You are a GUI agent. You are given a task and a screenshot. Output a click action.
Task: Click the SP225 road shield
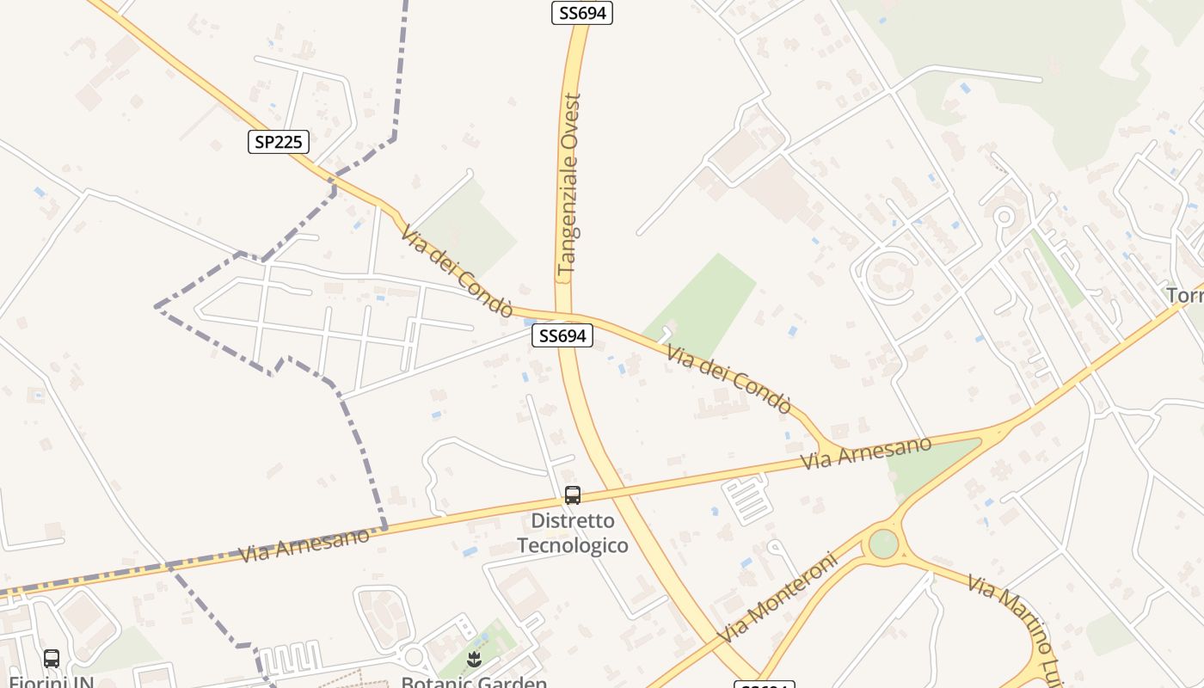pos(279,142)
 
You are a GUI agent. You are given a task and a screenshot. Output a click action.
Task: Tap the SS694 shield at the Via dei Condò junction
pos(562,335)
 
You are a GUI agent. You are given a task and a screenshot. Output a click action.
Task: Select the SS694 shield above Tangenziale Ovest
pos(582,13)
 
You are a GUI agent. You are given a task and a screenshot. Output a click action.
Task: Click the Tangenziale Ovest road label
pos(569,185)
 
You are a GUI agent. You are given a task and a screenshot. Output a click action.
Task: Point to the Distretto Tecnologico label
pos(573,533)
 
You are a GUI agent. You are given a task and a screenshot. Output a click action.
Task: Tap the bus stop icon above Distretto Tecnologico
pos(573,495)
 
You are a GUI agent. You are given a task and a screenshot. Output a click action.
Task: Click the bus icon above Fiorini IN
pos(52,659)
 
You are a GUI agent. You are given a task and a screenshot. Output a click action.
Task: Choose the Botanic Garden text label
pos(475,681)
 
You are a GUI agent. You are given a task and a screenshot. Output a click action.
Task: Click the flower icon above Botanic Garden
pos(472,660)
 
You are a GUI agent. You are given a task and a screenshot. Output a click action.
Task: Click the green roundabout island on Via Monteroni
pos(883,544)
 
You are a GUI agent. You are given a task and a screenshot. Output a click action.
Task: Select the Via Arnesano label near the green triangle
pos(866,453)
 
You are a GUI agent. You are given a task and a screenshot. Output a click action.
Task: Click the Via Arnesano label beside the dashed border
pos(304,545)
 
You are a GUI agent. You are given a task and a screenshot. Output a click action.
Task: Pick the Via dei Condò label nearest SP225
pos(457,271)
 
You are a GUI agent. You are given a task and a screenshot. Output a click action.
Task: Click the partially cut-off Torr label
pos(1185,296)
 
